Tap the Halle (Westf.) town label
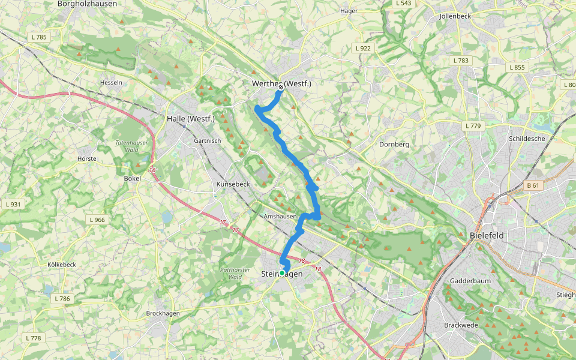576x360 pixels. click(x=190, y=119)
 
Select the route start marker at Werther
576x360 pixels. click(x=281, y=88)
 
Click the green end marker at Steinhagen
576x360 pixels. click(x=282, y=273)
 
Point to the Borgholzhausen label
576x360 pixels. click(x=87, y=4)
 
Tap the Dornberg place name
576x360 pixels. click(x=394, y=144)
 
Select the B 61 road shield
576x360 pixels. click(x=532, y=185)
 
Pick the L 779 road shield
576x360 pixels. click(x=473, y=126)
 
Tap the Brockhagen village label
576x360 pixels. click(x=164, y=313)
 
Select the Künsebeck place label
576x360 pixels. click(x=232, y=184)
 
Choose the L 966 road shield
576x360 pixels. click(x=95, y=220)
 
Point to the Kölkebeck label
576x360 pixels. click(x=61, y=265)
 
